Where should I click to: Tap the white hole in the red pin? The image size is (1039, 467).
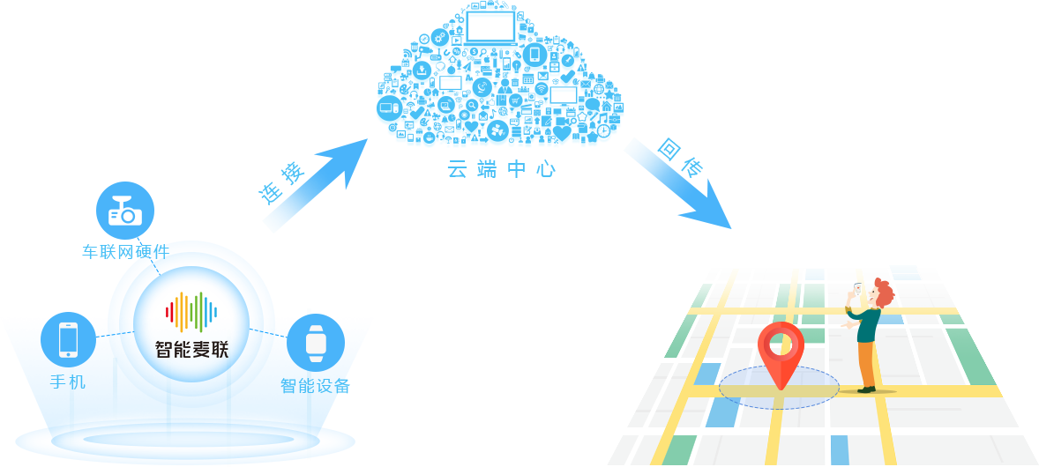781,345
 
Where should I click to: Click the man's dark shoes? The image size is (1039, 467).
867,389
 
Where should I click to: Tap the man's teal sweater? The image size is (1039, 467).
868,323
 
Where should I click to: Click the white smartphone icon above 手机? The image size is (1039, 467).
68,340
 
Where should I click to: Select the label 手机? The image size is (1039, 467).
68,382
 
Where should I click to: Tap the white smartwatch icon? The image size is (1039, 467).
315,343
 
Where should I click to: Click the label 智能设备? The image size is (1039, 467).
315,386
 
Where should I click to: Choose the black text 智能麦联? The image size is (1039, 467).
191,350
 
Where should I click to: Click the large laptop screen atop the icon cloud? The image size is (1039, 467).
490,29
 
